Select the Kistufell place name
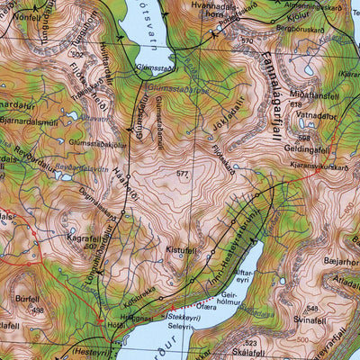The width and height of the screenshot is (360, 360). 180,249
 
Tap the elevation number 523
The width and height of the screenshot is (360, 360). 251,343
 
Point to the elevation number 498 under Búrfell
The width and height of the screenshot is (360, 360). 38,310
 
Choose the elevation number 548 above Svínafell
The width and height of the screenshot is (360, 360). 314,308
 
